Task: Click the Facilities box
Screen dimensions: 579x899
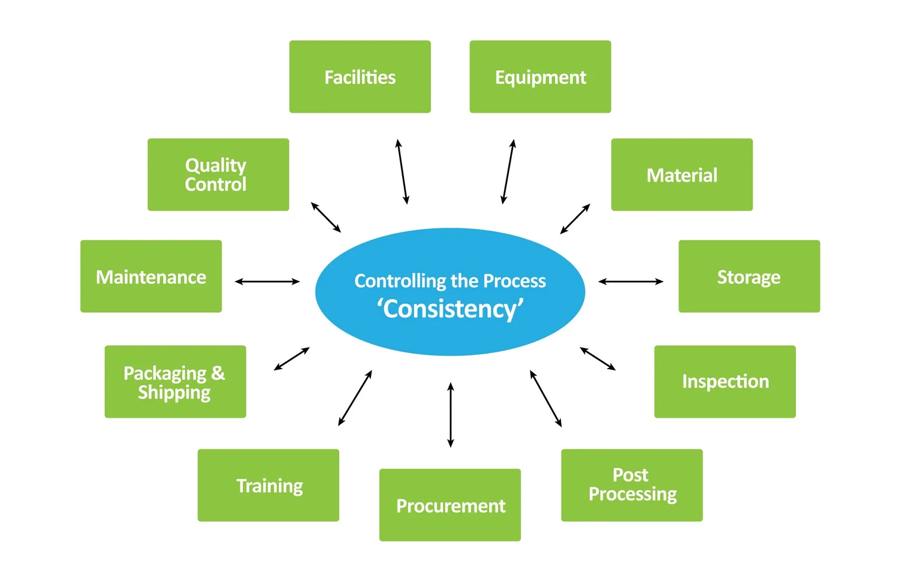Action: pos(360,77)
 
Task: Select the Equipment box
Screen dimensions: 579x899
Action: pos(540,77)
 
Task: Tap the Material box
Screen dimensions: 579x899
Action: pos(681,174)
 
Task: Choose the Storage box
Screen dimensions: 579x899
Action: pos(749,276)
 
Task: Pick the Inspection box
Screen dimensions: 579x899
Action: pos(725,381)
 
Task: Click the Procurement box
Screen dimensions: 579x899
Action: pos(450,505)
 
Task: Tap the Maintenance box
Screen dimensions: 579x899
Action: pos(150,276)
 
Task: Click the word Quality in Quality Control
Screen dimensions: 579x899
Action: pos(215,165)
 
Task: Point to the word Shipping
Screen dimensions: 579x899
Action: pos(174,393)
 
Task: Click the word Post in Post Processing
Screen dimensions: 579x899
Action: pos(630,475)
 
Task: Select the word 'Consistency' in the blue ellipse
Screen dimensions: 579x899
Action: pos(450,309)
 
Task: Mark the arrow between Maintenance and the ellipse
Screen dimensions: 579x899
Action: pos(267,281)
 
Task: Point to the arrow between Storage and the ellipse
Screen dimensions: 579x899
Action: pos(630,281)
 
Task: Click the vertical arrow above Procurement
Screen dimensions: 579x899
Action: pos(451,415)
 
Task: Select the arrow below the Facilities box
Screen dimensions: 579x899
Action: pos(402,172)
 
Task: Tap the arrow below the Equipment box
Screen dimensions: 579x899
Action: pos(508,172)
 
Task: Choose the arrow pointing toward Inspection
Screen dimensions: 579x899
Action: pos(598,358)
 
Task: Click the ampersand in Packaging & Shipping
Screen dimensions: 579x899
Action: pos(218,373)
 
